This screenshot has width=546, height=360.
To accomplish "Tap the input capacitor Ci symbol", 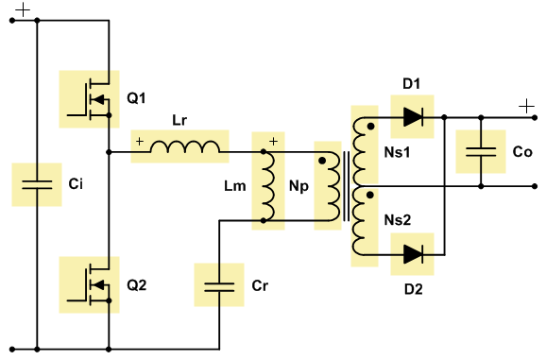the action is click(x=37, y=184).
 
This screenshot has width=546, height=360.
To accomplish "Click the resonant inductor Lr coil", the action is click(x=185, y=146).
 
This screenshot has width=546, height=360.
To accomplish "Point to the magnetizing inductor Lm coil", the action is click(x=269, y=186).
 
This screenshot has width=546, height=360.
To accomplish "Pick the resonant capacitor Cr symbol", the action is click(x=219, y=287).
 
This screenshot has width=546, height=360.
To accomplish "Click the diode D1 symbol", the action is click(x=414, y=117).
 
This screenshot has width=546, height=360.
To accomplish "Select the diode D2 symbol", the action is click(x=414, y=254).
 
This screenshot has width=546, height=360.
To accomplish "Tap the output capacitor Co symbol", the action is click(x=481, y=152).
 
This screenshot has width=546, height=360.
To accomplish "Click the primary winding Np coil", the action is click(x=333, y=186).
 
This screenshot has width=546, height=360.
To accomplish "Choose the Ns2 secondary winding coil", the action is click(x=359, y=221).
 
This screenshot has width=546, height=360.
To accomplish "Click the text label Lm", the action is click(x=235, y=186).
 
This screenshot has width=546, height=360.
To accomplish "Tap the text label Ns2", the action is click(x=398, y=220).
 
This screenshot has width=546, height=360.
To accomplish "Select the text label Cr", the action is click(x=260, y=285).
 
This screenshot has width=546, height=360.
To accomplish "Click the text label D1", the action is click(x=411, y=83).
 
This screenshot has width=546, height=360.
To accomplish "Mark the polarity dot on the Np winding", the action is click(x=322, y=161).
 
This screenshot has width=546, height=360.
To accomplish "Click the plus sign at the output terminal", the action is click(x=526, y=106).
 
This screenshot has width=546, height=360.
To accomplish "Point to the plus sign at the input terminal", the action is click(x=23, y=9).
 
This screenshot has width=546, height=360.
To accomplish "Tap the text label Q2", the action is click(x=136, y=284).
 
